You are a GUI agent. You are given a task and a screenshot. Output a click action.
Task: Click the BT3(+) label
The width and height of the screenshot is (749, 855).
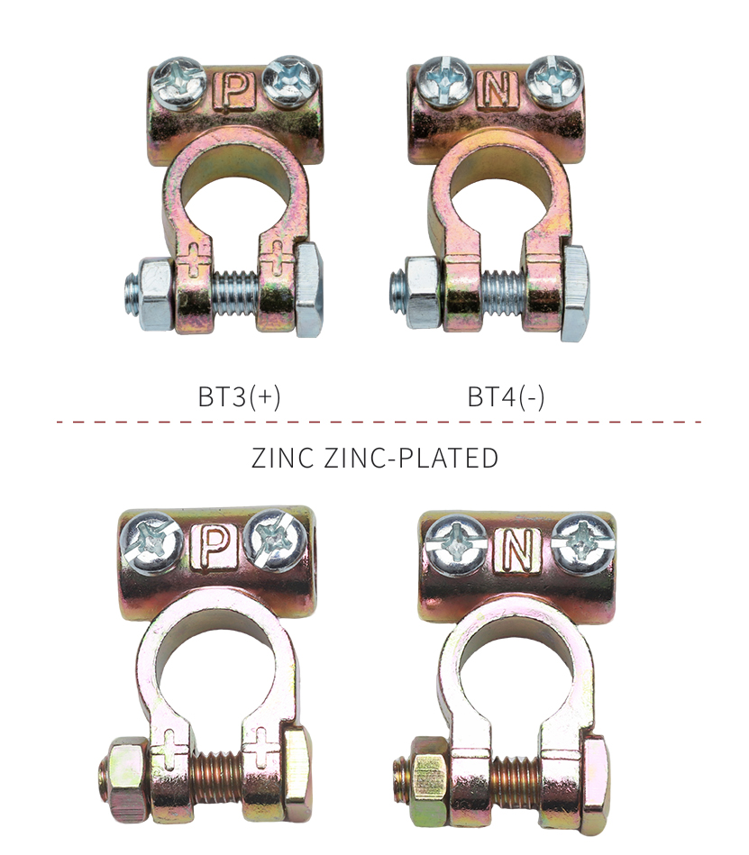tap(239, 396)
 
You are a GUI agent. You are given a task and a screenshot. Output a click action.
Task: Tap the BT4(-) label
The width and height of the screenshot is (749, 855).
tap(506, 396)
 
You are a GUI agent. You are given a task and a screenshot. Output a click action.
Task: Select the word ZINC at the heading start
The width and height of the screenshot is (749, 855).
tap(283, 458)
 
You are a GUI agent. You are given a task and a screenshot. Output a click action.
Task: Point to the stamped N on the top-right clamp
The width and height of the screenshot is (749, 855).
tap(500, 89)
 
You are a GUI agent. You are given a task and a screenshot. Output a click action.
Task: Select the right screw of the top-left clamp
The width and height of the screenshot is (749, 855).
tap(289, 79)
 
